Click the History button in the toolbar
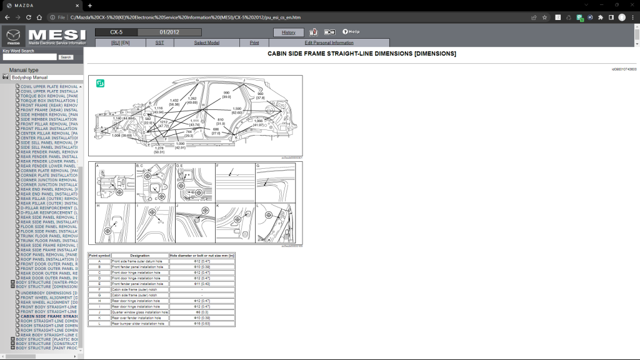289,32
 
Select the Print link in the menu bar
254,42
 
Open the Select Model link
207,42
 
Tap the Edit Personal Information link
329,42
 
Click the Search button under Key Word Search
66,57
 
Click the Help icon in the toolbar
351,32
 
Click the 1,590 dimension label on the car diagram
237,110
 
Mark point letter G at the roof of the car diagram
197,81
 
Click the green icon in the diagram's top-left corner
100,83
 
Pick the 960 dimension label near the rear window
260,96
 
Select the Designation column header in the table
140,256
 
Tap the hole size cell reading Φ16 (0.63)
202,324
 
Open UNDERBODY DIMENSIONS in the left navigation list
49,292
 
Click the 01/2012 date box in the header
169,32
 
